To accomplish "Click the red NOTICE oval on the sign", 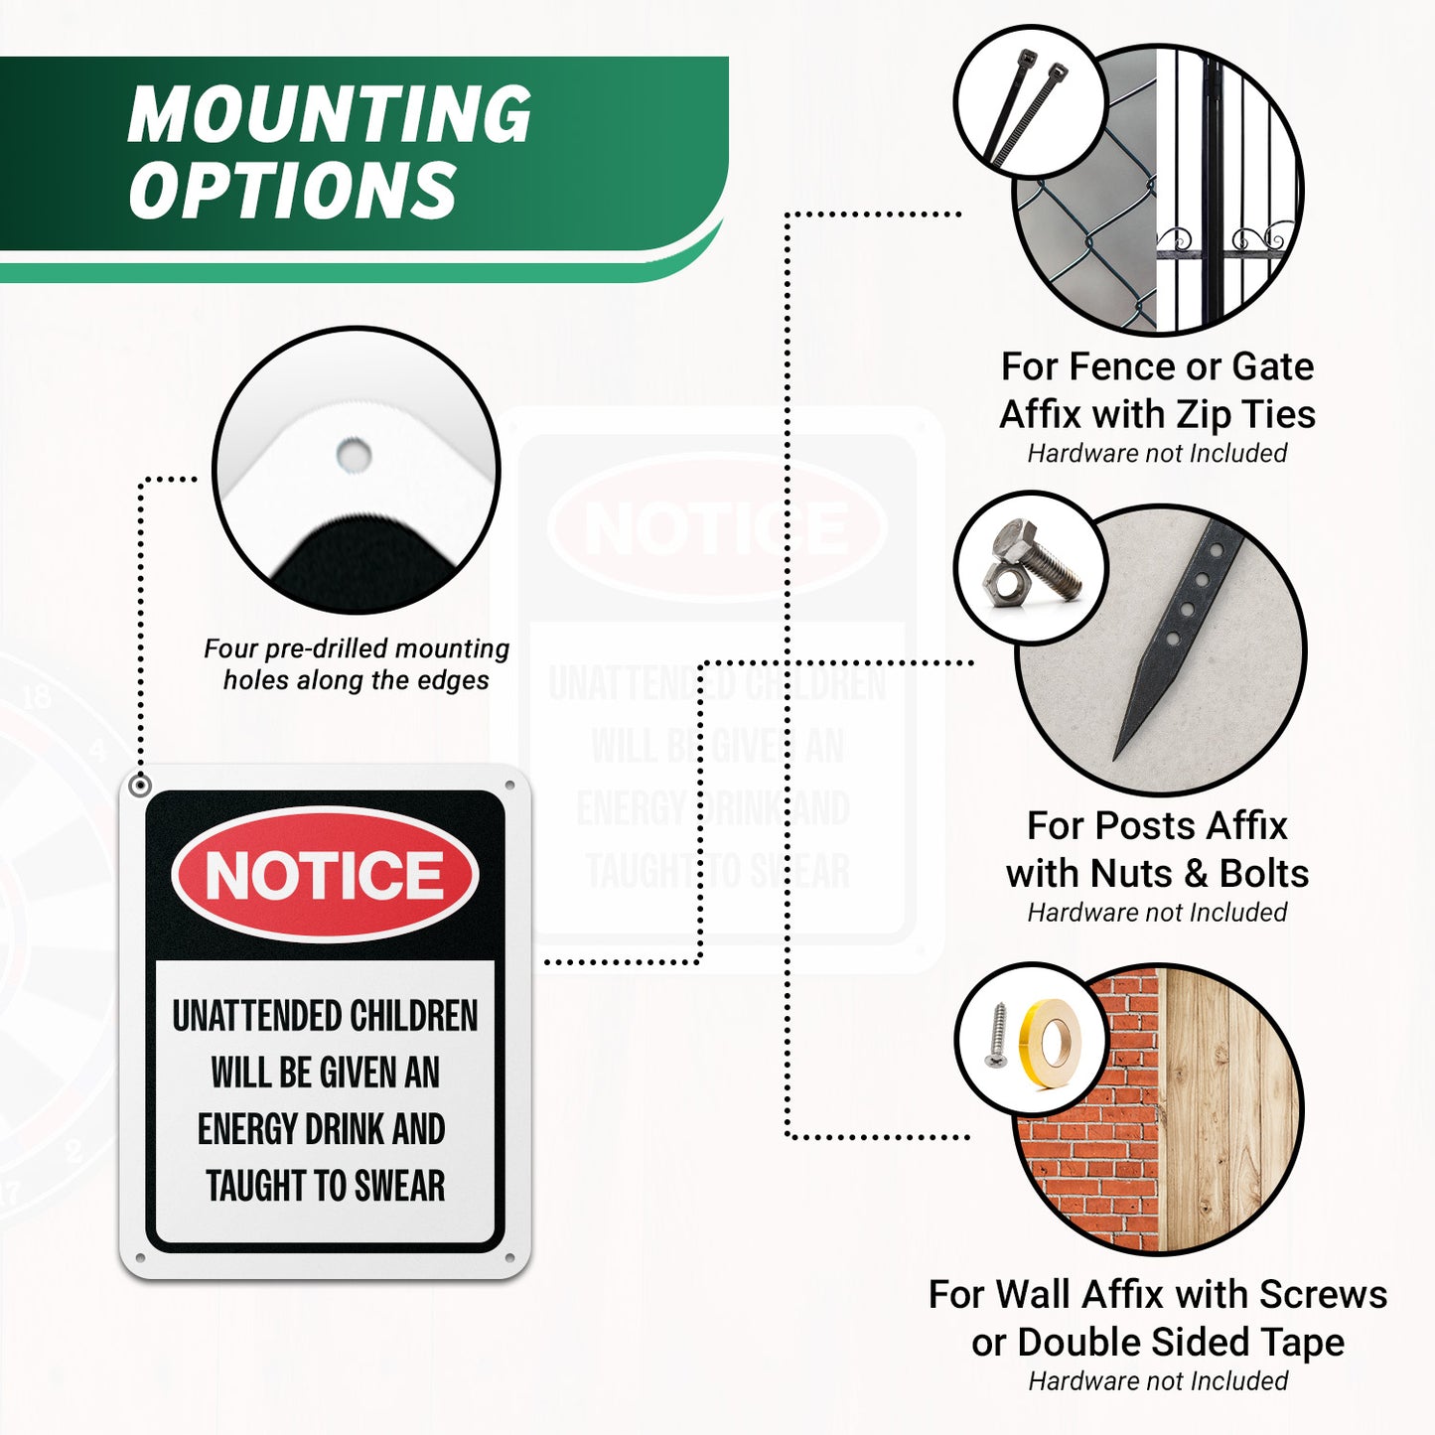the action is click(325, 874).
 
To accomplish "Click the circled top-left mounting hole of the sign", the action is click(140, 786).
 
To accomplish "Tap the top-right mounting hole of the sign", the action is click(510, 785).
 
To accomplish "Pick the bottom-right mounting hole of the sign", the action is click(510, 1258).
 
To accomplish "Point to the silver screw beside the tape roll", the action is click(998, 1034).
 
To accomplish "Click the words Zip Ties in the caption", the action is click(1233, 414).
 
